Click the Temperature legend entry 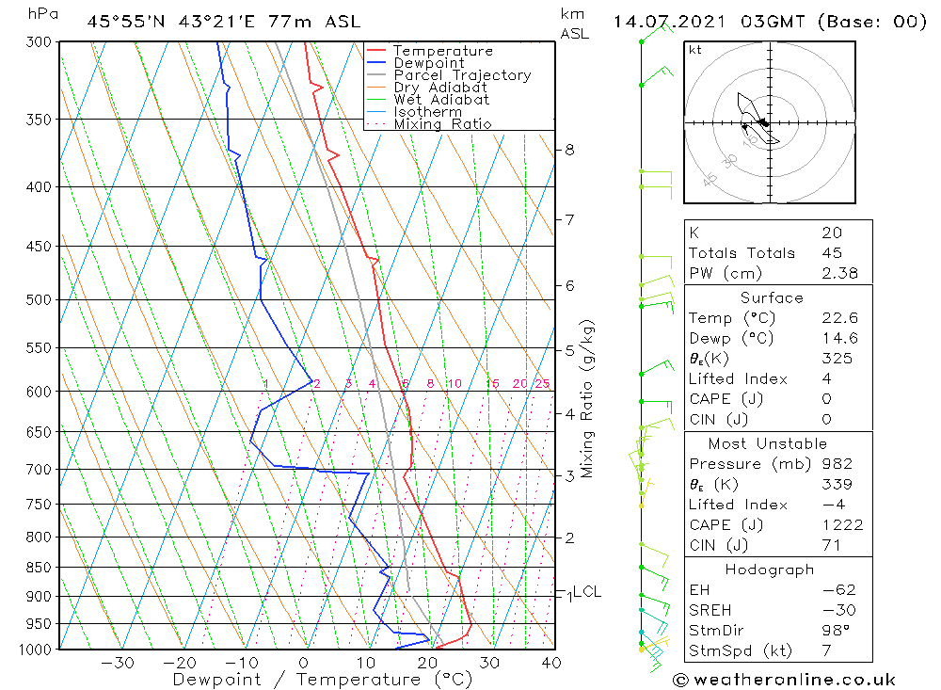(442, 51)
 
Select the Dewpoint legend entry (428, 63)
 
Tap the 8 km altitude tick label (569, 150)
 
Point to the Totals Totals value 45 (831, 252)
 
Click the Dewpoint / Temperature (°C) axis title (323, 679)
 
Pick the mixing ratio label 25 (542, 384)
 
